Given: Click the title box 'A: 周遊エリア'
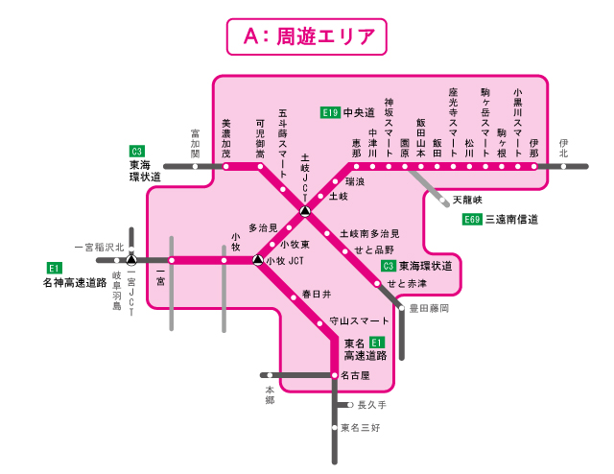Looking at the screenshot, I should tap(306, 36).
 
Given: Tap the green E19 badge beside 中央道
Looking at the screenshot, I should tap(330, 113).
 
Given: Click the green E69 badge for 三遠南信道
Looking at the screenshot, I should tap(471, 220).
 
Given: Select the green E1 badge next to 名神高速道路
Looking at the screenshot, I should tap(54, 268).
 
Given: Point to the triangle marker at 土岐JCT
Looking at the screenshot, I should tap(304, 211).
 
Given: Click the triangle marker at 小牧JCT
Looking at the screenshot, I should tap(257, 260).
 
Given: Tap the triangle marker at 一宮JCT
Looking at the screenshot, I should tap(131, 260).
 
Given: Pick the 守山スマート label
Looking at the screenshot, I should tap(360, 320).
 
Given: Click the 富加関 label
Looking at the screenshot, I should tap(195, 146).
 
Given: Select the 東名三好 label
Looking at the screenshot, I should tap(361, 428).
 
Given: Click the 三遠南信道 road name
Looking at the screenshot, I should tap(511, 220).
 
